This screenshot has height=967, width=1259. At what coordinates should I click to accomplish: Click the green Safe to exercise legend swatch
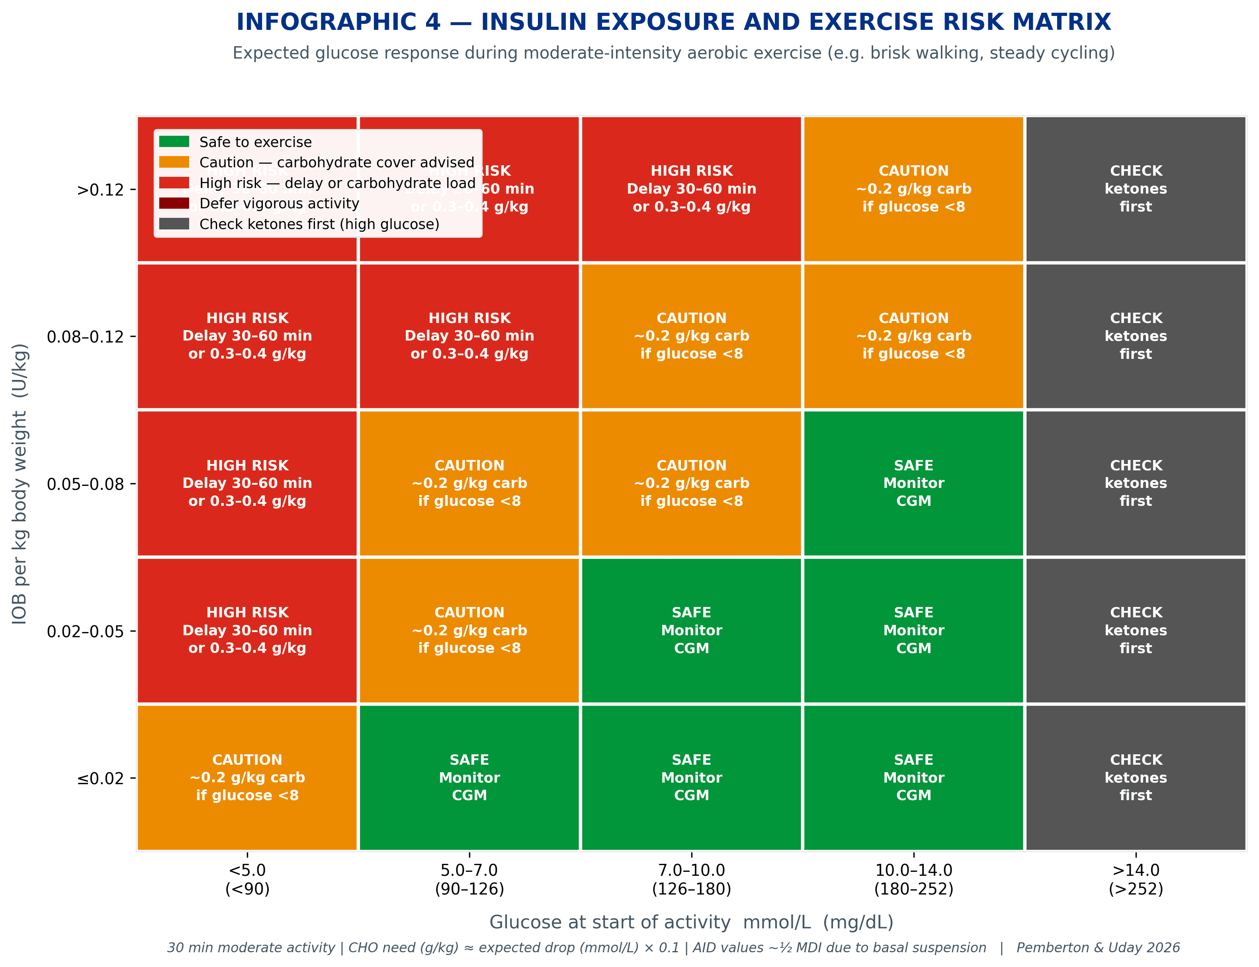point(174,142)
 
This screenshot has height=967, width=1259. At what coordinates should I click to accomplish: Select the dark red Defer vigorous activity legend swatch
point(174,203)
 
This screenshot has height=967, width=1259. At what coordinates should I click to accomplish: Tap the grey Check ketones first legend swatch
point(174,224)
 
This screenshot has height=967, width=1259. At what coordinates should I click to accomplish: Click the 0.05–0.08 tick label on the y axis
point(85,484)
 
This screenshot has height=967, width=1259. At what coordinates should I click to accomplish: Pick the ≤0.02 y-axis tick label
point(100,778)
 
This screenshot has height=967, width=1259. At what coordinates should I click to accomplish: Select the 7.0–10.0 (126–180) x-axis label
point(691,879)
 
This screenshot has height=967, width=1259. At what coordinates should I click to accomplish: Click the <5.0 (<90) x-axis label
point(247,879)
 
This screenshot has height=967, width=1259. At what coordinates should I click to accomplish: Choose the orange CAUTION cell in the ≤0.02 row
point(247,778)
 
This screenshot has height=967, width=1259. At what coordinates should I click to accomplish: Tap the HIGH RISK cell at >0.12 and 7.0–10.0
point(691,189)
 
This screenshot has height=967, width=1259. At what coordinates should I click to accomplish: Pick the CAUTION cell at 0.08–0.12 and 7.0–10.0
point(691,336)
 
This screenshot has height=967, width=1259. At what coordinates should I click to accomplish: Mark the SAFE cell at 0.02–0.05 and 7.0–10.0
point(691,630)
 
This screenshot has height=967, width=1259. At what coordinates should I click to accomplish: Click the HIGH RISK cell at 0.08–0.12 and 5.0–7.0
point(469,336)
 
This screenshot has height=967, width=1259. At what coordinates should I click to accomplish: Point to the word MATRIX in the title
point(1061,22)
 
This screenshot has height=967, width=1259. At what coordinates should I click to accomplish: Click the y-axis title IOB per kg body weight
point(20,483)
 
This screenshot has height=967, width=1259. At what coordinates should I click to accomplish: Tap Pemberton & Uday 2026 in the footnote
point(1097,948)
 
